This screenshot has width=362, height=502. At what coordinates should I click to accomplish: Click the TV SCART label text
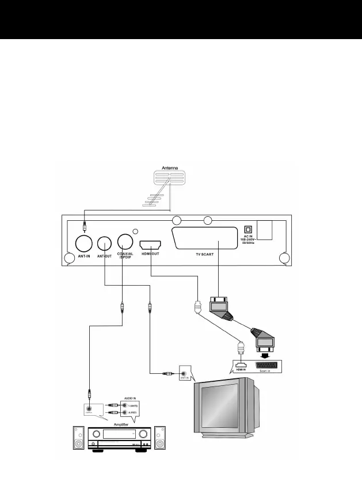205,254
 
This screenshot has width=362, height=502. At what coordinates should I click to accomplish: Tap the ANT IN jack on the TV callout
184,373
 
